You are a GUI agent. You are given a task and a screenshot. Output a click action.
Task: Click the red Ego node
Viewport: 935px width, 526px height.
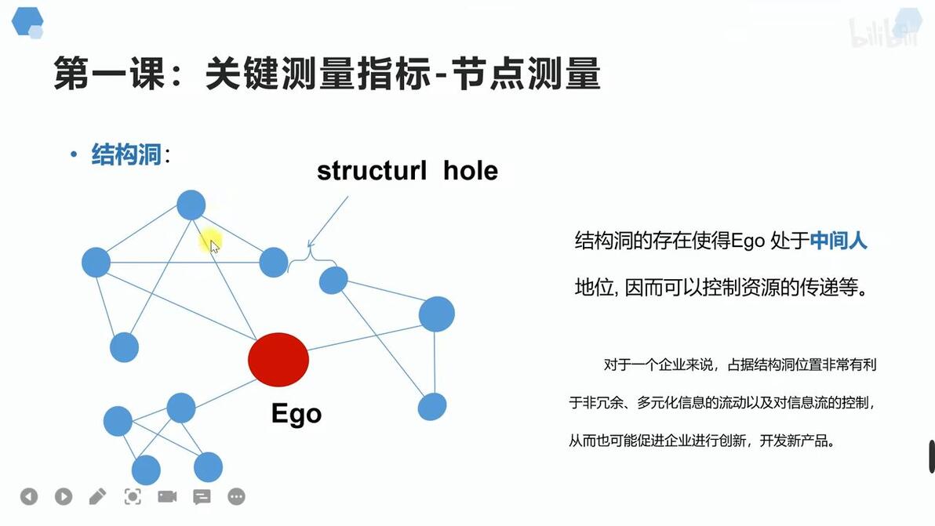tap(278, 360)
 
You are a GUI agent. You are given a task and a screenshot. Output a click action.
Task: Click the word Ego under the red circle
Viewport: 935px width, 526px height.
tap(297, 414)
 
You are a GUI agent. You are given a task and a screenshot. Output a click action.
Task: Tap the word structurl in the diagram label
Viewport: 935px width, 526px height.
tap(372, 171)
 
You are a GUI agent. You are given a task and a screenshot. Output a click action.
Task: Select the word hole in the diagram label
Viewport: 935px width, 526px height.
tap(471, 171)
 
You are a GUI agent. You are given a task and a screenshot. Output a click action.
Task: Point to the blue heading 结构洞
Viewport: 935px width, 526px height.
tap(126, 154)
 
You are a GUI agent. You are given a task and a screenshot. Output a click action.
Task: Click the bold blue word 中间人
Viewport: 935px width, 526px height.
tap(838, 240)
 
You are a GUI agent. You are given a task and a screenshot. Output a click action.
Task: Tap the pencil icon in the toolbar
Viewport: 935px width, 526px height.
tap(98, 496)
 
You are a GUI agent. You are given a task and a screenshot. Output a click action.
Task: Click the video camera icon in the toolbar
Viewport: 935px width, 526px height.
tap(167, 496)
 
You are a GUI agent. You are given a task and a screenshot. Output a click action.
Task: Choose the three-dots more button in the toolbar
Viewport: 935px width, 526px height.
tap(237, 496)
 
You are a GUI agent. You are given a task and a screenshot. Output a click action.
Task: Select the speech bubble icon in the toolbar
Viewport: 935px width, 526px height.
tap(202, 497)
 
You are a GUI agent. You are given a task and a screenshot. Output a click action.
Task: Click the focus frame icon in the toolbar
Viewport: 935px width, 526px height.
tap(133, 496)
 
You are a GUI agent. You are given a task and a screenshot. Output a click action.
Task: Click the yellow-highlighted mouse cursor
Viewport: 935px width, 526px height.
tap(211, 242)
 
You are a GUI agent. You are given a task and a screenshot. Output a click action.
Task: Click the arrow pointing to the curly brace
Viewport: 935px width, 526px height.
tap(327, 222)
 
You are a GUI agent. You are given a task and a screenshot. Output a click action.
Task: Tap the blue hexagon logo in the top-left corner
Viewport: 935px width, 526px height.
tap(27, 23)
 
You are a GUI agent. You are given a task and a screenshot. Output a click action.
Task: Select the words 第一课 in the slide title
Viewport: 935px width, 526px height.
tap(109, 74)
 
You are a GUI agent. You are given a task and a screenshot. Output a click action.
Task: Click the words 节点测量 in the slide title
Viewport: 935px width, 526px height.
tap(526, 74)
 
